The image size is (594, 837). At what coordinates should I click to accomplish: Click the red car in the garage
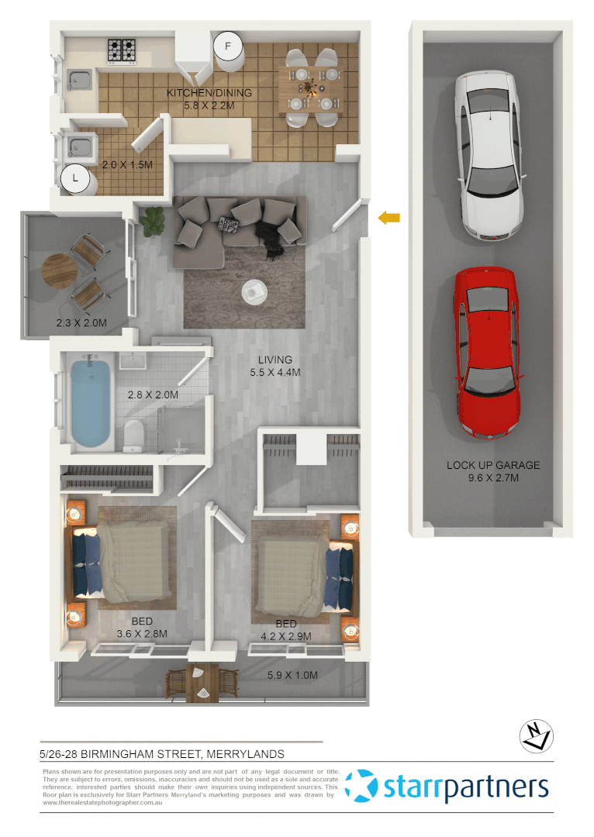click(x=486, y=353)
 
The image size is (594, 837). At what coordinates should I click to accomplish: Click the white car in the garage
click(x=486, y=155)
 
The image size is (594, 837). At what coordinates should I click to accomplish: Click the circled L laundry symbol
click(x=75, y=178)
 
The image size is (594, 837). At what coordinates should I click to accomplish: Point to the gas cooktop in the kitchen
click(x=121, y=50)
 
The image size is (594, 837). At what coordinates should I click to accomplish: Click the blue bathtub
click(x=92, y=400)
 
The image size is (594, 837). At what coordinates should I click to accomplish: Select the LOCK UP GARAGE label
click(x=492, y=466)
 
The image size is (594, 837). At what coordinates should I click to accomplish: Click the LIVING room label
click(x=275, y=360)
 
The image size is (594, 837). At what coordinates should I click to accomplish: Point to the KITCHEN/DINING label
click(x=209, y=93)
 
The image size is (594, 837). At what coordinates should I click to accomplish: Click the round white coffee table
click(x=254, y=291)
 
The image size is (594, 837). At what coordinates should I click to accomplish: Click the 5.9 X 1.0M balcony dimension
click(x=292, y=675)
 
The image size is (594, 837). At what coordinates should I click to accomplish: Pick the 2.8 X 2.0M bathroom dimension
click(x=153, y=394)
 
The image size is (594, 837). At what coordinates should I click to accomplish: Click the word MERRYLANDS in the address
click(x=243, y=753)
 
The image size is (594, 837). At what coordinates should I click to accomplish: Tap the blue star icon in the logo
click(x=361, y=785)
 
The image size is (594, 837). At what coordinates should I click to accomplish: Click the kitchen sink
click(x=78, y=78)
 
